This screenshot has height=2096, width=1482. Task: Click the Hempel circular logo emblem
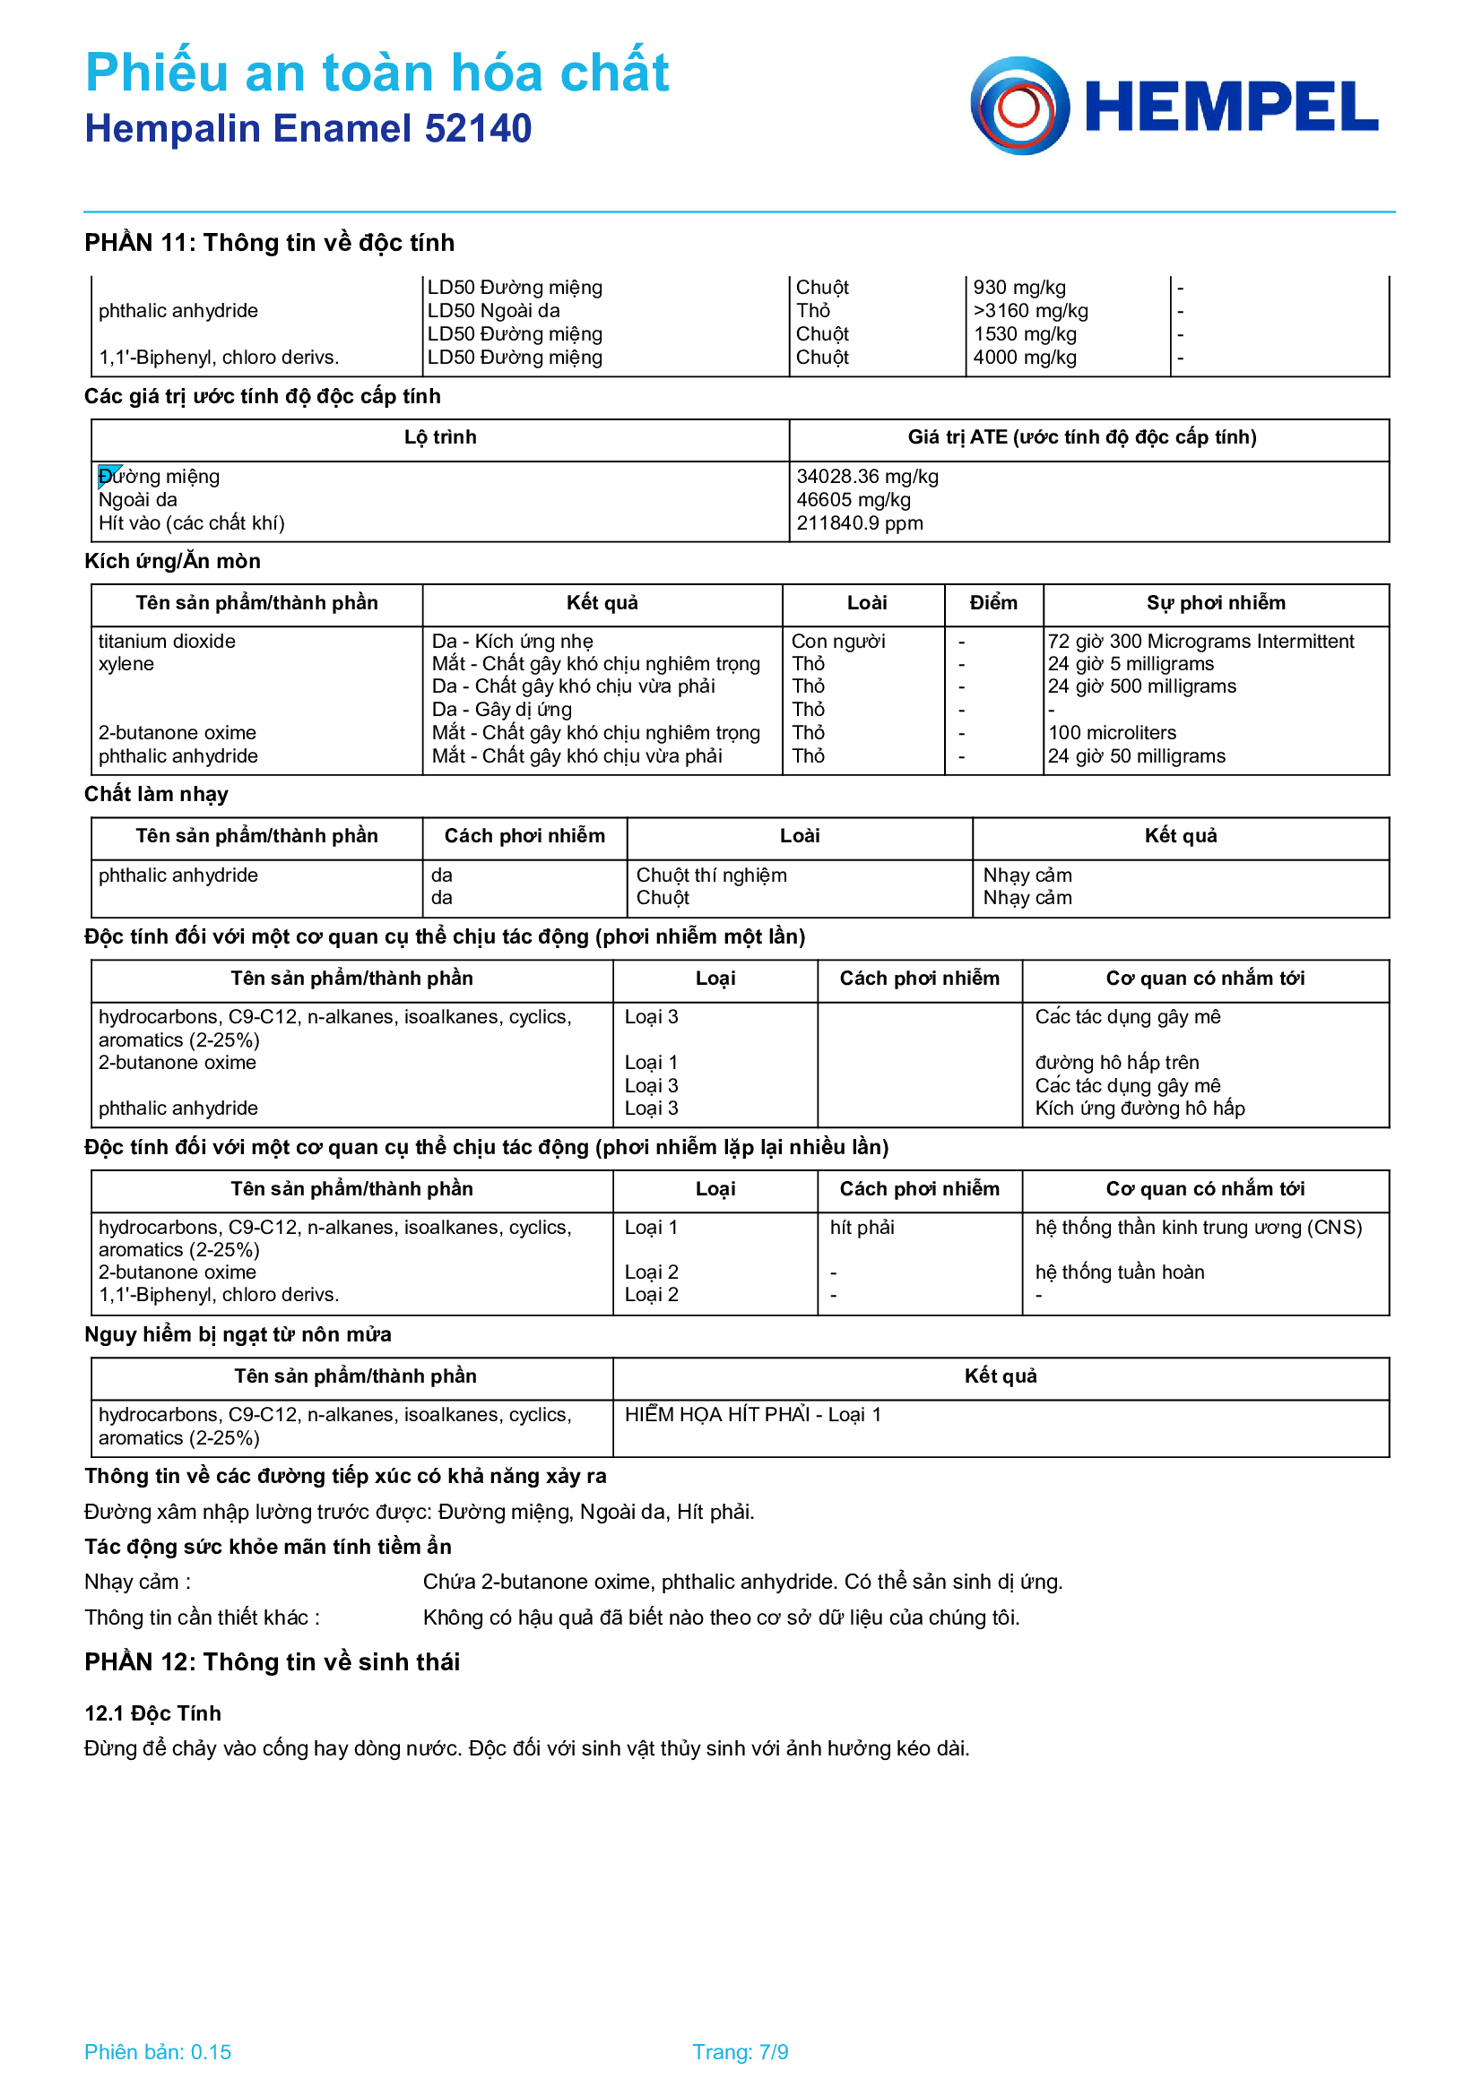point(1019,106)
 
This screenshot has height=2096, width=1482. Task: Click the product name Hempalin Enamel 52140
point(308,129)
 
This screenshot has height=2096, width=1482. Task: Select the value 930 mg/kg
point(1019,288)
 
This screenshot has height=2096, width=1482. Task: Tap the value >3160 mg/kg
point(1030,310)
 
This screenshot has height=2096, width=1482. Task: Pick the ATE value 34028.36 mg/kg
point(867,477)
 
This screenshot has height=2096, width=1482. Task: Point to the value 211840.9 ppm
point(859,523)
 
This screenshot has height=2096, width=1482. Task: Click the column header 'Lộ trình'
point(440,437)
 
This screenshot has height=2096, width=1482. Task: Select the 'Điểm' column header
point(992,602)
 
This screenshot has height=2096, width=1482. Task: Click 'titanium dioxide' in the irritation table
point(166,641)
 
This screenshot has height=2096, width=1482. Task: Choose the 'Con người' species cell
point(837,641)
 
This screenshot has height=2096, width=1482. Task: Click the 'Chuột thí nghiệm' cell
point(710,875)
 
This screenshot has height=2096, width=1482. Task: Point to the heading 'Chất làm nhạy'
point(156,794)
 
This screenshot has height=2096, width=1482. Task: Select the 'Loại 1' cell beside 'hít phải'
point(650,1227)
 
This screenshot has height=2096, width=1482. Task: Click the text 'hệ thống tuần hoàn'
point(1119,1272)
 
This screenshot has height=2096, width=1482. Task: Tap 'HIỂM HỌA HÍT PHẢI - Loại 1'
point(752,1414)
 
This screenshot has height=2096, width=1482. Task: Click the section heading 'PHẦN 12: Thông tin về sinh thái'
point(273,1661)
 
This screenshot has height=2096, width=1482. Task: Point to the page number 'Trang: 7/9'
point(740,2051)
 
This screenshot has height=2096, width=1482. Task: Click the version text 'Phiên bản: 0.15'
point(157,2051)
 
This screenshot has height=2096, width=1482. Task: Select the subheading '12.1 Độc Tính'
point(152,1712)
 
